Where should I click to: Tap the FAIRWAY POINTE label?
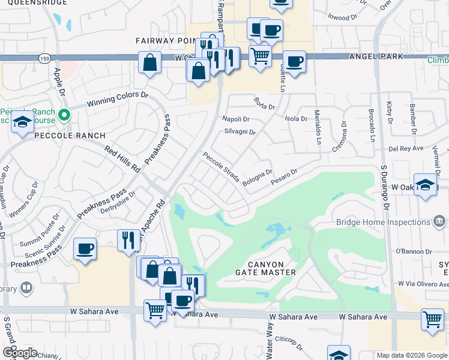[163, 41]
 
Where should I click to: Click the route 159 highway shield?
[44, 58]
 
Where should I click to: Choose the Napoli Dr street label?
[236, 119]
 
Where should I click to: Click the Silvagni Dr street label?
[240, 132]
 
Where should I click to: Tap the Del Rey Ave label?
[406, 148]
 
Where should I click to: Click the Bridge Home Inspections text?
[383, 222]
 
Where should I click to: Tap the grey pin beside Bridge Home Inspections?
[440, 222]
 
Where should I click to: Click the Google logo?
[19, 353]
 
